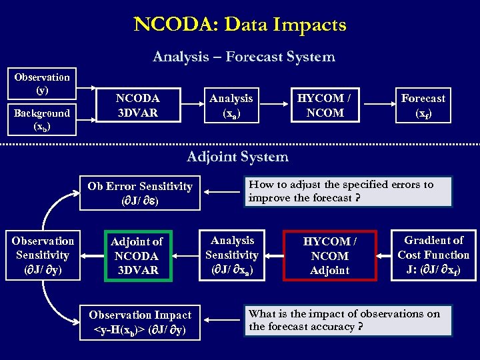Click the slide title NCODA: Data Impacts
coord(240,25)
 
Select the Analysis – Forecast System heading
coord(243,57)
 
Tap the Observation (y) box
coord(42,83)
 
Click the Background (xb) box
coord(42,119)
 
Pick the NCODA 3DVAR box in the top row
coord(137,105)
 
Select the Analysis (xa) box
coord(231,105)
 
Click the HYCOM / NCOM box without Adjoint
coord(325,105)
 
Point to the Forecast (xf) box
coord(423,105)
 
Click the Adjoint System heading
coord(237,157)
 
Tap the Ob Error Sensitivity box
coord(140,193)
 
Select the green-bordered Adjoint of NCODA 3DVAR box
coord(136,255)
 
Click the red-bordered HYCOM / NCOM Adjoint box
coord(329,255)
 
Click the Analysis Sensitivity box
coord(231,255)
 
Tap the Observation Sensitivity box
coord(43,255)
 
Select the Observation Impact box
coord(140,322)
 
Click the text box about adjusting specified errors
coord(348,191)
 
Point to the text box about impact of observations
coord(348,320)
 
